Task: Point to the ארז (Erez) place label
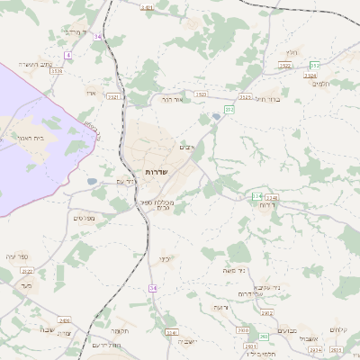[x=91, y=93]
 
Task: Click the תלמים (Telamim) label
[x=325, y=84]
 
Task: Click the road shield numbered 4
[x=67, y=55]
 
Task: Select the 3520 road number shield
[x=202, y=94]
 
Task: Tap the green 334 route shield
[x=256, y=196]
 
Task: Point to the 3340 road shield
[x=273, y=197]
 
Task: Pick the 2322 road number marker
[x=27, y=271]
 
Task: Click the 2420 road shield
[x=64, y=319]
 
